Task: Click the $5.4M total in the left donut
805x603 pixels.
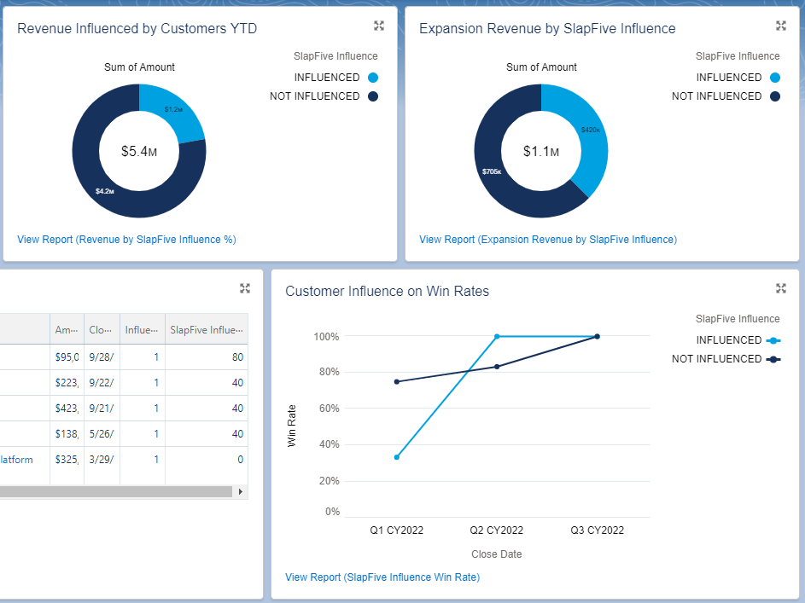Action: click(138, 152)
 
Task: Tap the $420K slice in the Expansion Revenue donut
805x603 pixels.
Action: click(590, 130)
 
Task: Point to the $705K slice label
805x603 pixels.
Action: click(492, 171)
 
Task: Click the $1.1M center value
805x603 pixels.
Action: click(540, 152)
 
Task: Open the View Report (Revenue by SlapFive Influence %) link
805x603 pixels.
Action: click(126, 240)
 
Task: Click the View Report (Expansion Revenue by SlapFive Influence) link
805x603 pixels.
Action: click(547, 240)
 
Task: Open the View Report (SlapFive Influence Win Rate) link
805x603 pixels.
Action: click(382, 577)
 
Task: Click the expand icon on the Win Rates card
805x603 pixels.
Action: click(780, 288)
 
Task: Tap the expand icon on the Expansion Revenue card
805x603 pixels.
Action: click(780, 26)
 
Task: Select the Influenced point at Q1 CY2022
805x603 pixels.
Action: click(397, 457)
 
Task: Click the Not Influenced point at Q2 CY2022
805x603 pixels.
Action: click(497, 367)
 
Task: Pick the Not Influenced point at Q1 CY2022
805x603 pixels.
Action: click(397, 381)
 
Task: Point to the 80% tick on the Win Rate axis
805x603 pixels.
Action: click(328, 373)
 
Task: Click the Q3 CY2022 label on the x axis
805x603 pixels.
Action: click(597, 531)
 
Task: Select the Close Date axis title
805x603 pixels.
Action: click(496, 554)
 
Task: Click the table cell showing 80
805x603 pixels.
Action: click(237, 357)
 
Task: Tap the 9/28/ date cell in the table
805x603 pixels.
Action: click(101, 357)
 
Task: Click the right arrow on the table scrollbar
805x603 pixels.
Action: click(241, 492)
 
